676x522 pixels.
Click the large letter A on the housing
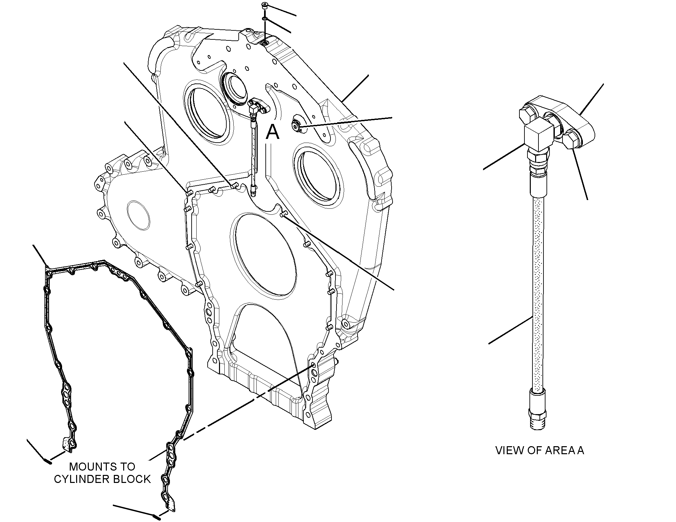pyautogui.click(x=272, y=132)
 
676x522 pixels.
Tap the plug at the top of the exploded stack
pyautogui.click(x=264, y=7)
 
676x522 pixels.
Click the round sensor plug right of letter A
pyautogui.click(x=296, y=125)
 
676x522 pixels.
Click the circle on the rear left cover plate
pyautogui.click(x=139, y=215)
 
